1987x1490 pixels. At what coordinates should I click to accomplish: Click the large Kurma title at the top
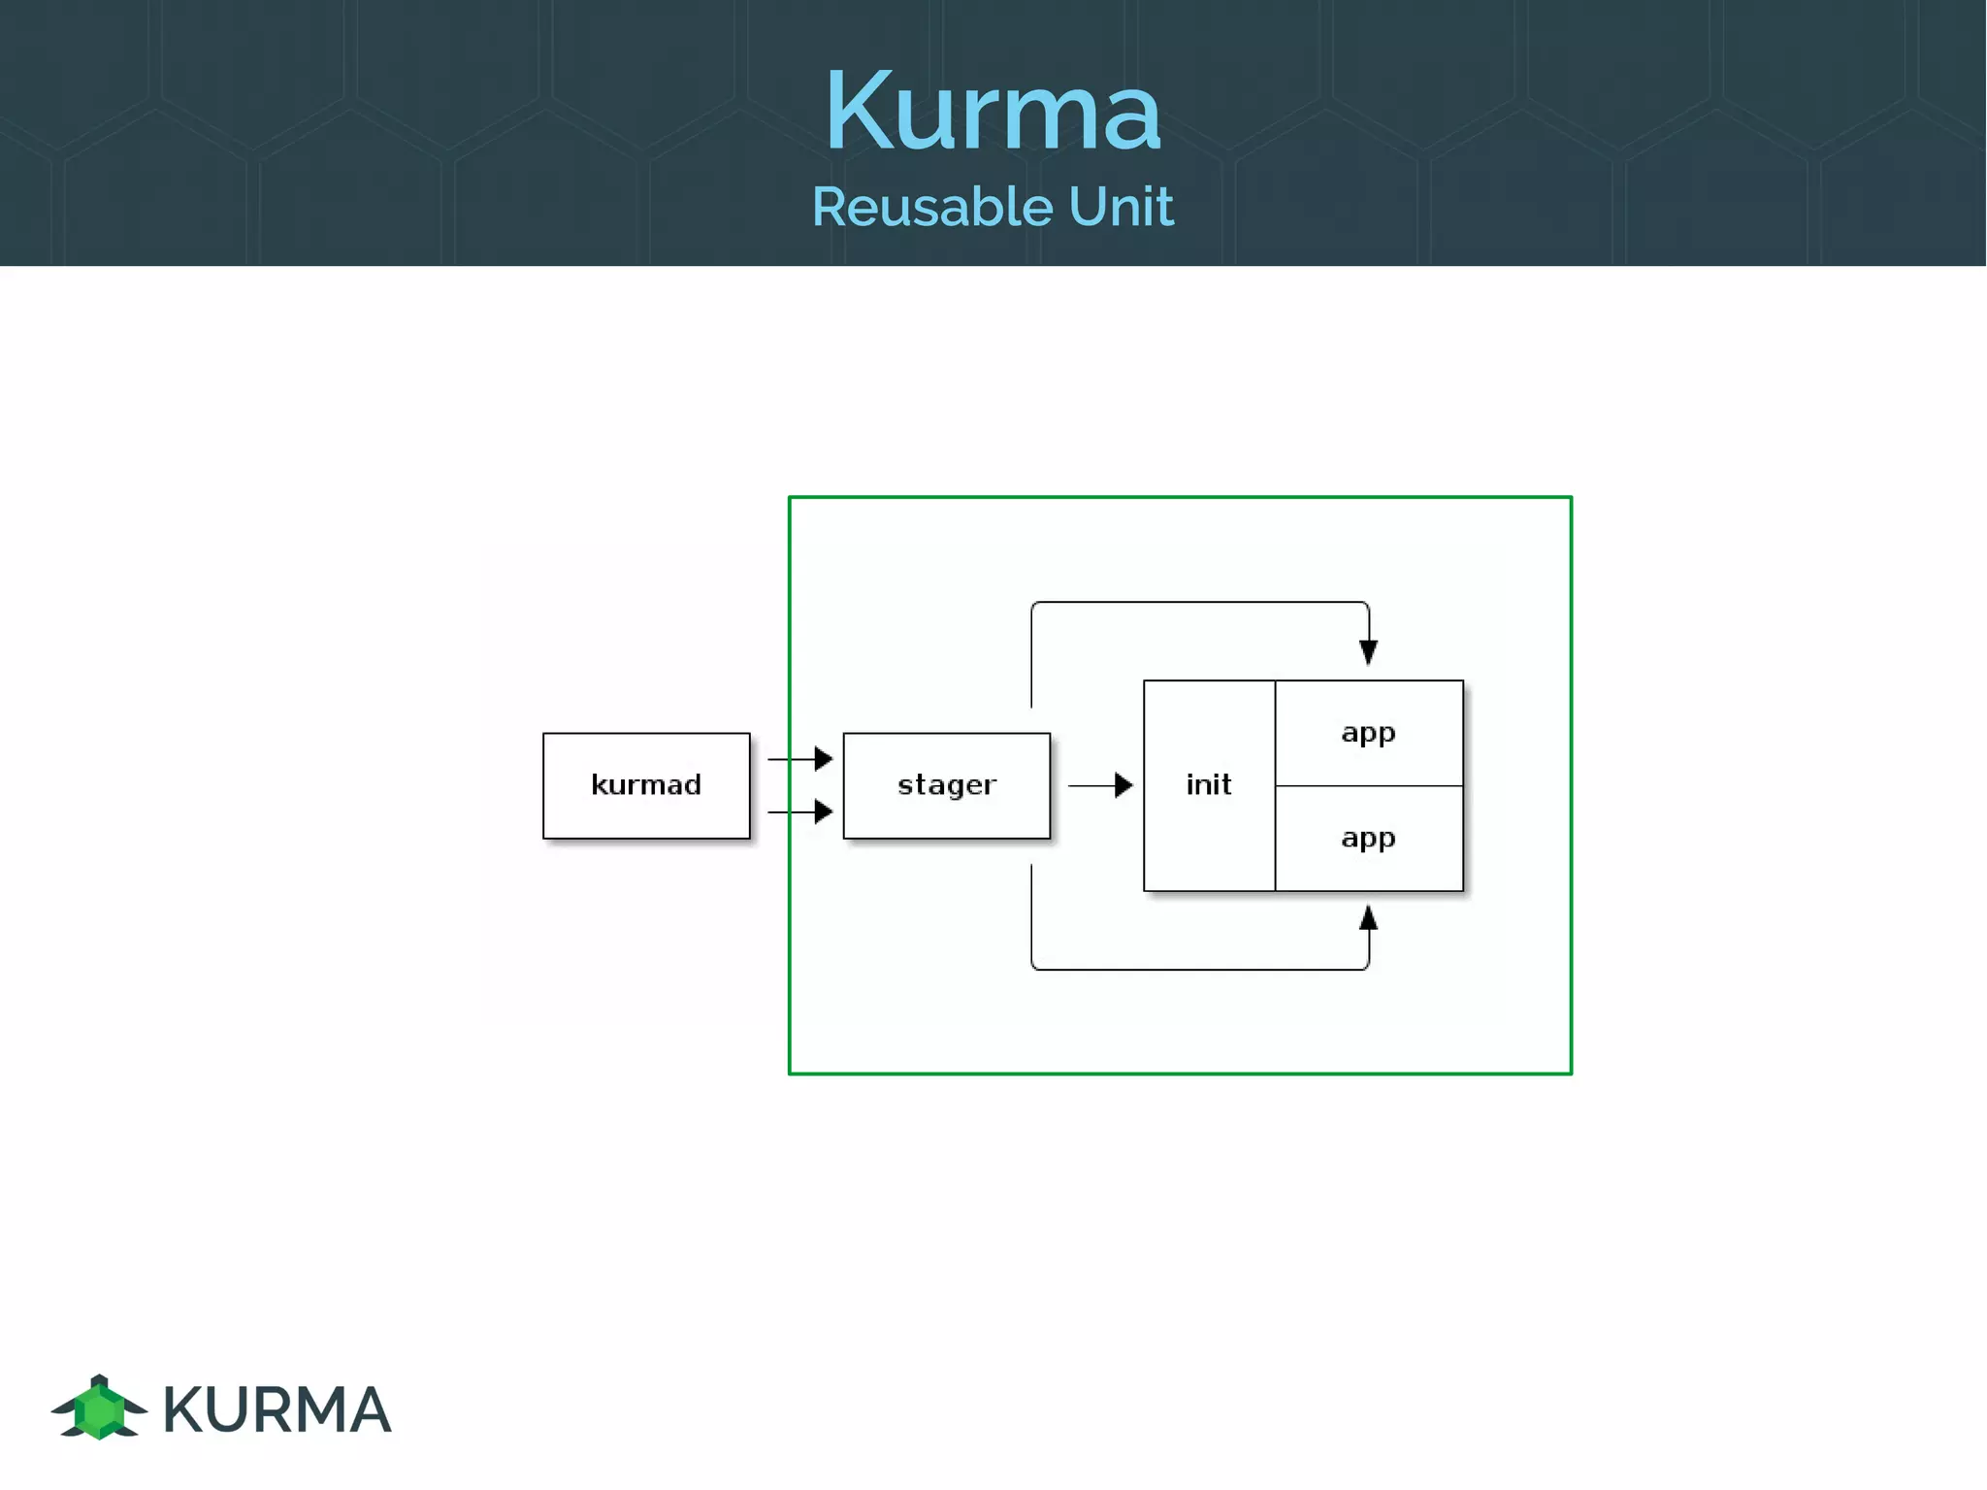coord(992,111)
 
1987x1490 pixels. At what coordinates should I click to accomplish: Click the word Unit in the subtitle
coord(1121,207)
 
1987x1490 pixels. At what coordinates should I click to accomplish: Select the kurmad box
coord(646,785)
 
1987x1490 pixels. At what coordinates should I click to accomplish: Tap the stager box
coord(946,785)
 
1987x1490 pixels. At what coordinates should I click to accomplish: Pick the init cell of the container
coord(1209,785)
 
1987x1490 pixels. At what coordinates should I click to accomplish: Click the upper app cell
coord(1368,733)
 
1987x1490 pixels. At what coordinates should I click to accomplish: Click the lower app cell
coord(1368,838)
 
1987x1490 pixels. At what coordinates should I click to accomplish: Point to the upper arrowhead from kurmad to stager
coord(824,758)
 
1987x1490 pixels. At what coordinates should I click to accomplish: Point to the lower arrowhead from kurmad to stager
coord(824,811)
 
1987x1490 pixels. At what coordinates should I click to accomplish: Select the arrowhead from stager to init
coord(1124,785)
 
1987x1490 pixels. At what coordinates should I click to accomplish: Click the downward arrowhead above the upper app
coord(1368,652)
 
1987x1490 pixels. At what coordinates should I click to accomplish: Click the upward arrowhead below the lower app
coord(1368,917)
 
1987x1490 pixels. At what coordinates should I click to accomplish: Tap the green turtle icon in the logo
coord(99,1408)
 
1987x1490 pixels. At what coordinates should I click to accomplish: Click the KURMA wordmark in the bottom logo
coord(277,1409)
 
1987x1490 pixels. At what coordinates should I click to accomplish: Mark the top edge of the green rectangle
coord(1180,497)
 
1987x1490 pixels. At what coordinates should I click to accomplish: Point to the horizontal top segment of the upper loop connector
coord(1199,602)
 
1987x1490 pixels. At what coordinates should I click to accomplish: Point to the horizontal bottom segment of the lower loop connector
coord(1199,969)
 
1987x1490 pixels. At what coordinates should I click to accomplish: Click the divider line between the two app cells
coord(1368,785)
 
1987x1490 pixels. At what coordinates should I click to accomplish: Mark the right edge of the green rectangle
coord(1571,785)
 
